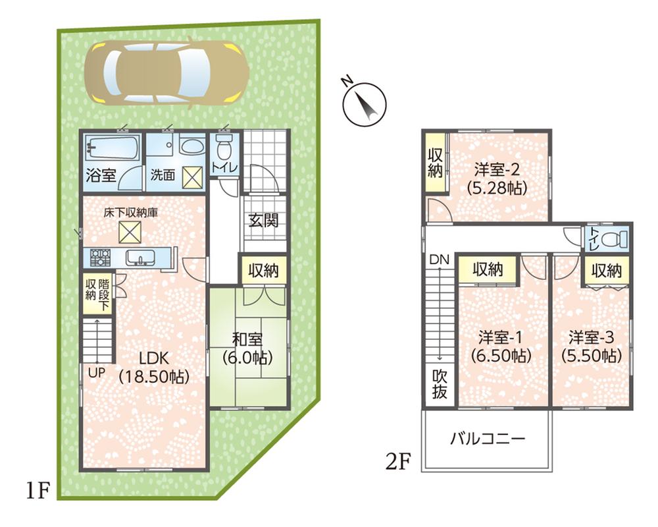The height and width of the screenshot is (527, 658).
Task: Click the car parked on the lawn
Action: [x=169, y=72]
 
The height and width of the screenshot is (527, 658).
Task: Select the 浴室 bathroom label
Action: [x=101, y=176]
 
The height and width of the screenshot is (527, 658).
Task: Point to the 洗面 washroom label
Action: [x=163, y=176]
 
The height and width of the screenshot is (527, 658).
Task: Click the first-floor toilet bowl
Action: [x=224, y=146]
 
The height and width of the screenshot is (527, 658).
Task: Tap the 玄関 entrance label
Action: [x=263, y=221]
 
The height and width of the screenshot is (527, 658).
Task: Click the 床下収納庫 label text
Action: [x=130, y=213]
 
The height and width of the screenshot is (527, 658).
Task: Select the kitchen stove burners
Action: [x=99, y=256]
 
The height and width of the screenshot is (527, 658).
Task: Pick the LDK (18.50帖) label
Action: [x=154, y=368]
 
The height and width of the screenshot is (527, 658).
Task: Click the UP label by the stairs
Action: [x=97, y=372]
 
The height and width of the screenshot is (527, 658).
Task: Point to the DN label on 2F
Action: [x=440, y=260]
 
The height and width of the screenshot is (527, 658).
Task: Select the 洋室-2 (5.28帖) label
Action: [x=497, y=178]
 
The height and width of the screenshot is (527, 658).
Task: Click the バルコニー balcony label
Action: [x=488, y=438]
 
